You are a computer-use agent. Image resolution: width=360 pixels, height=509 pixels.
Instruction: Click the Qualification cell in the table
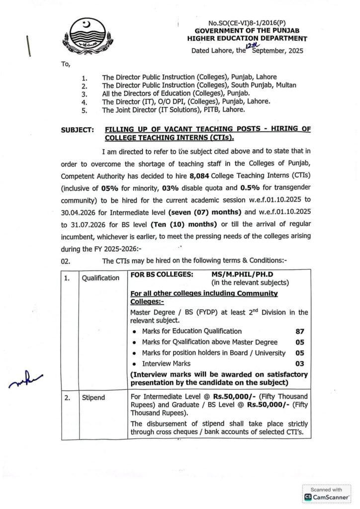101,278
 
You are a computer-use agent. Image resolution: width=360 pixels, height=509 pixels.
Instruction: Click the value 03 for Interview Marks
299,364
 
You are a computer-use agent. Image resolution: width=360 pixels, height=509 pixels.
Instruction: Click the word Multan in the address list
285,85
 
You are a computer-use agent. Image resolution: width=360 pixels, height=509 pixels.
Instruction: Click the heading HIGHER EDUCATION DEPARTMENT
247,38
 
